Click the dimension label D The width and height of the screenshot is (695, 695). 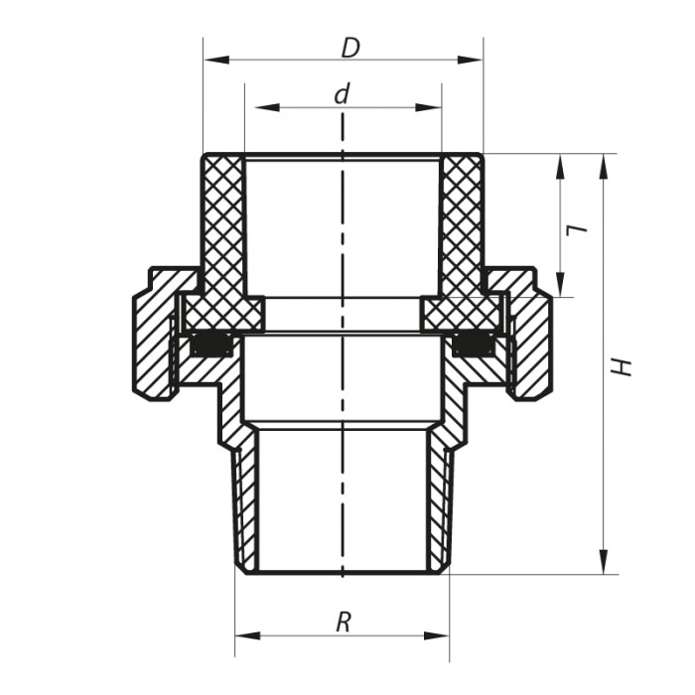coord(348,47)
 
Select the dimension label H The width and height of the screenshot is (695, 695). coord(623,365)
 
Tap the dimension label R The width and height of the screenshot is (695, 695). coord(344,623)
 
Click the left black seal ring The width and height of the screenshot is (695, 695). coord(210,346)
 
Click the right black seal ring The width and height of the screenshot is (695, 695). coord(474,346)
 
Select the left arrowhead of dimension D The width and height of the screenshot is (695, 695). coord(210,61)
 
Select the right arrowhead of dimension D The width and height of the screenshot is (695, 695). coord(476,61)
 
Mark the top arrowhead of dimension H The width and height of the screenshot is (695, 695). coord(603,161)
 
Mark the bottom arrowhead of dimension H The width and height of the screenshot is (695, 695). coord(603,566)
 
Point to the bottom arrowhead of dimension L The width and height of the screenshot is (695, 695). coord(561,289)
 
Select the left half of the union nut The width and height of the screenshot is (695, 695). coord(154,333)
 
